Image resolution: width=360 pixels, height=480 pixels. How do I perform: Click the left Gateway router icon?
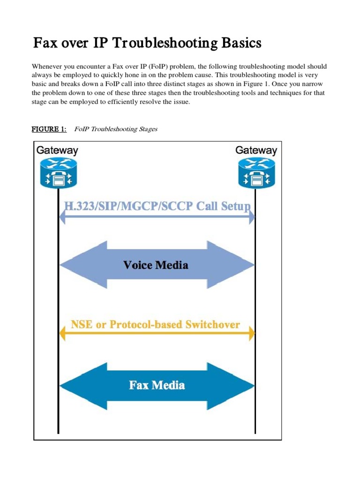click(x=58, y=172)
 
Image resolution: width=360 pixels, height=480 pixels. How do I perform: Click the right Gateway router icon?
click(x=256, y=172)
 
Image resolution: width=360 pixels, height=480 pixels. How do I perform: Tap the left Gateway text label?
click(x=57, y=150)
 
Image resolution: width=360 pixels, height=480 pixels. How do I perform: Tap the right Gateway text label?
click(x=256, y=150)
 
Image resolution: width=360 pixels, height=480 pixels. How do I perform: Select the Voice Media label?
click(x=156, y=265)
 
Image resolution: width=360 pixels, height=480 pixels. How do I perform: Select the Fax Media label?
click(x=157, y=385)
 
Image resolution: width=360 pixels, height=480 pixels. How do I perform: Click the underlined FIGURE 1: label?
click(x=49, y=129)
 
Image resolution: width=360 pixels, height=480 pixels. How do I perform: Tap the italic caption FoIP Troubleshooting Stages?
click(x=116, y=129)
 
